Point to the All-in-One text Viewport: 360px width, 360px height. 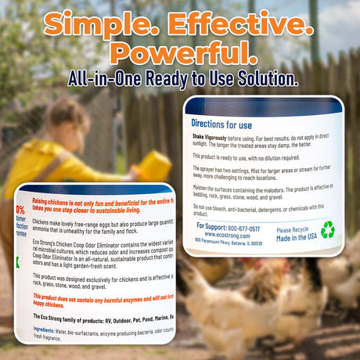click(102, 78)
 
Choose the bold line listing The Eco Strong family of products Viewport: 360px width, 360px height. click(102, 316)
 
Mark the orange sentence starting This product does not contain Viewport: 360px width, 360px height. click(102, 296)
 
